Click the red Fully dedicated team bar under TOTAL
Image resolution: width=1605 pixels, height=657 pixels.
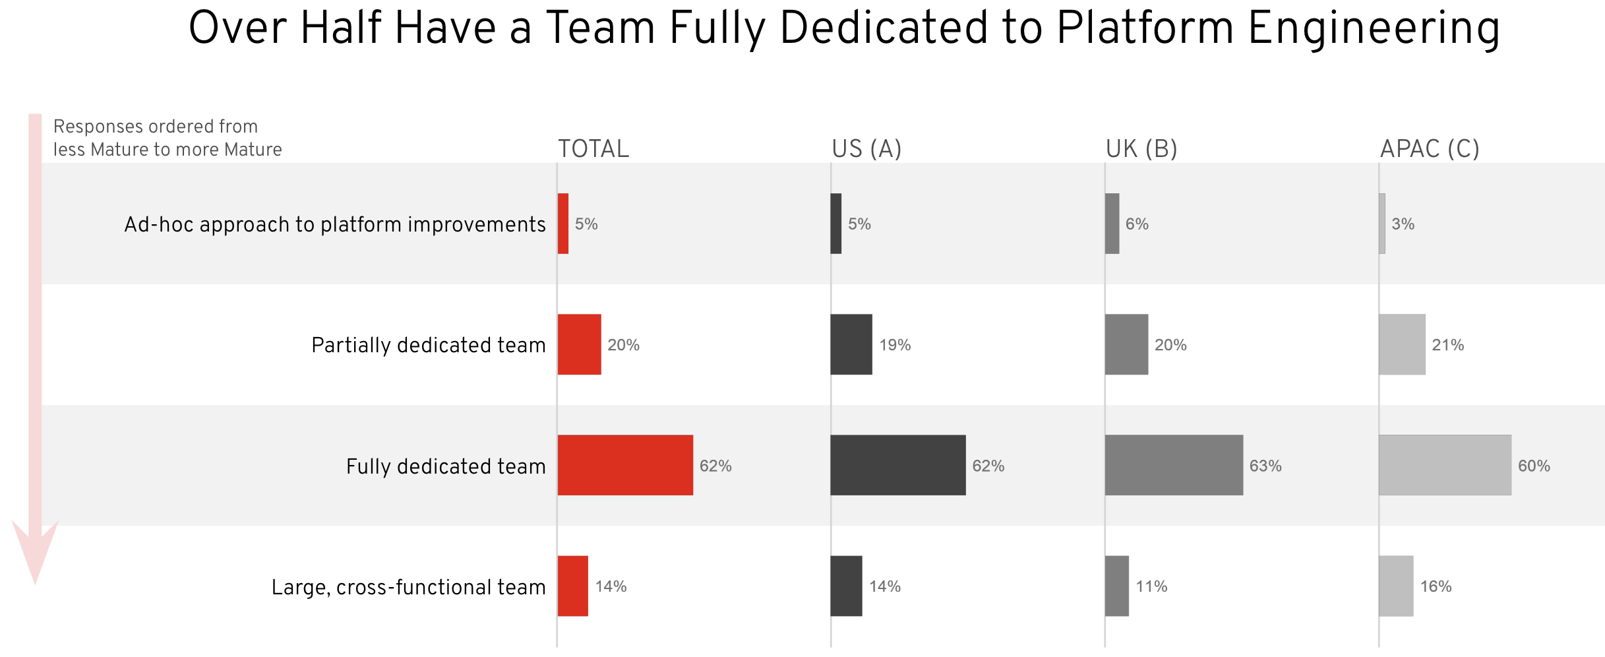click(x=625, y=465)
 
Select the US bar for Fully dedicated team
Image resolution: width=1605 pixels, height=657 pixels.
click(x=898, y=465)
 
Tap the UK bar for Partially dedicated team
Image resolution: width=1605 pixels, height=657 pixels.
click(x=1127, y=344)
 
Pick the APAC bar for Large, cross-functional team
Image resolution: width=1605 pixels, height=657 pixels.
click(x=1396, y=586)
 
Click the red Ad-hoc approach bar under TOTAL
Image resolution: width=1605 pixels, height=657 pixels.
click(x=563, y=224)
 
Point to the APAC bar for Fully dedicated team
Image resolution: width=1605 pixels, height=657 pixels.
click(x=1445, y=465)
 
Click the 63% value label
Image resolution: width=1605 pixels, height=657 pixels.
click(x=1265, y=466)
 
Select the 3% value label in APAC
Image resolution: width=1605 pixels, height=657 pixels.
click(x=1403, y=224)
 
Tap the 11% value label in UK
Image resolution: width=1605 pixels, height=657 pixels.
click(x=1151, y=586)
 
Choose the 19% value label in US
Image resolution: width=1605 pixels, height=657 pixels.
click(x=895, y=345)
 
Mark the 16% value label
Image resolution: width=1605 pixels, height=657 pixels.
click(x=1436, y=586)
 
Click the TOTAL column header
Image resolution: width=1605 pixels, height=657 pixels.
click(x=593, y=149)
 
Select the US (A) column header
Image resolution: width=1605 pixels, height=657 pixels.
click(x=866, y=149)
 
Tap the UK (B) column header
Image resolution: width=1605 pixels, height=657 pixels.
click(x=1141, y=149)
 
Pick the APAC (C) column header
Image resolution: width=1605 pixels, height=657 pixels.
click(x=1430, y=149)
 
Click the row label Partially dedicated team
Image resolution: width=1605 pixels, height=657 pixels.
click(x=429, y=345)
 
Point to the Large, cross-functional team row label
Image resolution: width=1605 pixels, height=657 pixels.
click(x=409, y=587)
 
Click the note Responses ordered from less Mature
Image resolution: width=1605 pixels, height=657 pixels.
click(x=167, y=138)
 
